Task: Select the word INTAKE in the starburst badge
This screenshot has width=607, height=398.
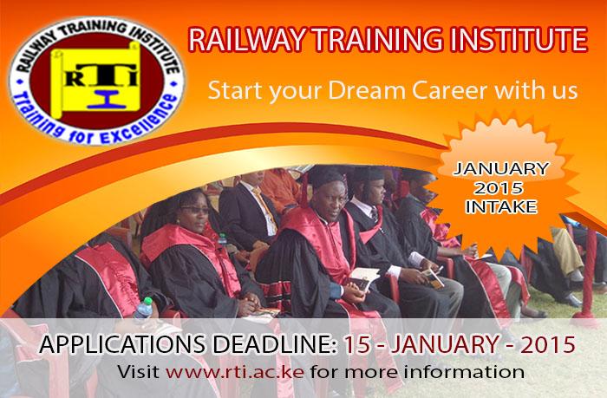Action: [501, 207]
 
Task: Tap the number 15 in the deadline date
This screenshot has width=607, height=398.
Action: [355, 344]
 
